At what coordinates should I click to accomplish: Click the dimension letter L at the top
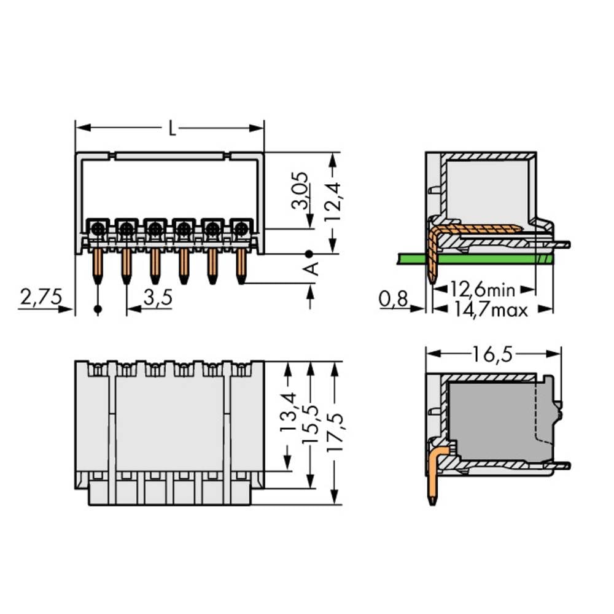(x=173, y=128)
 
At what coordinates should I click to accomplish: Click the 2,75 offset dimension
(x=41, y=298)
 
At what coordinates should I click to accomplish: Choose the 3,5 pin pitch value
(x=157, y=298)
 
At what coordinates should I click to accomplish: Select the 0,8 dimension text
(x=393, y=299)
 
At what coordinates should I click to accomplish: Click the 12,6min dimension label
(x=482, y=288)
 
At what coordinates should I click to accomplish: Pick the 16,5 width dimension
(x=493, y=354)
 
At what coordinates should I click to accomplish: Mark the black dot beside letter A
(x=309, y=253)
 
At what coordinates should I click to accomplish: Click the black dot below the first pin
(x=98, y=308)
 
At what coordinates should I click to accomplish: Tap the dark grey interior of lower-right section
(x=491, y=424)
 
